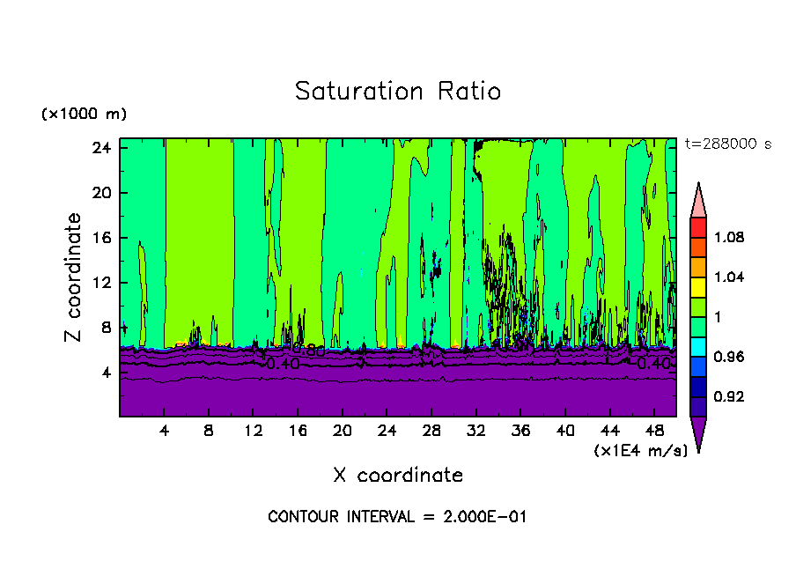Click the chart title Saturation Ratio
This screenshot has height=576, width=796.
click(x=397, y=92)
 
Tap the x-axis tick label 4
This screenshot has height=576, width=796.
click(x=165, y=432)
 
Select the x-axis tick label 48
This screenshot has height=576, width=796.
click(x=654, y=432)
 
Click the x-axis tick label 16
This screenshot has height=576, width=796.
click(x=298, y=432)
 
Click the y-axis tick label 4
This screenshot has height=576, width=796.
click(x=107, y=373)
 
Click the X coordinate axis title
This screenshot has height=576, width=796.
click(x=398, y=476)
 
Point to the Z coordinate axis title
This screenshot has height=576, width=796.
click(x=74, y=278)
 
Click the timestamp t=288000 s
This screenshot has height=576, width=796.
click(x=727, y=144)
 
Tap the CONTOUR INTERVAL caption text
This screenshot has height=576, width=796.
click(x=397, y=517)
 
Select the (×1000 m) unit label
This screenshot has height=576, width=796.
click(x=84, y=114)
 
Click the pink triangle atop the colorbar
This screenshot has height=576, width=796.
click(x=698, y=199)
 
